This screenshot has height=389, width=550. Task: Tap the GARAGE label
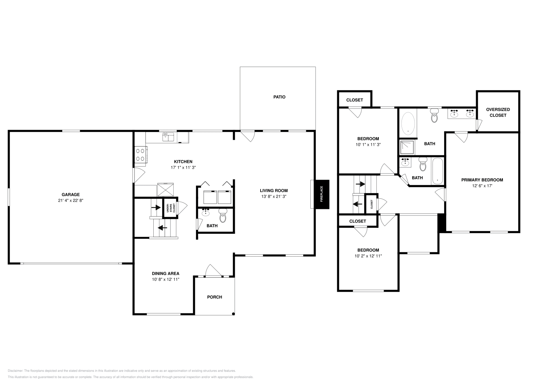[70, 194]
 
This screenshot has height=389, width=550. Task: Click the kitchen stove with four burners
[140, 154]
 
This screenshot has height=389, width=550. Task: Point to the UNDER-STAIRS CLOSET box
[170, 208]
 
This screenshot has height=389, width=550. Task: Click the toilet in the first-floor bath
[223, 216]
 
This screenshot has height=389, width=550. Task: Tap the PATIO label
[279, 97]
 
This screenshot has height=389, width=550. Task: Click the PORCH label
[214, 297]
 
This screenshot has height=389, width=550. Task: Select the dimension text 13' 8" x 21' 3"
[274, 197]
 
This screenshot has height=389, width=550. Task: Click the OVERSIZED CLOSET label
[498, 112]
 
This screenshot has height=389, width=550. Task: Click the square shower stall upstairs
[407, 147]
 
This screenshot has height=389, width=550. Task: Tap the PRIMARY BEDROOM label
[482, 180]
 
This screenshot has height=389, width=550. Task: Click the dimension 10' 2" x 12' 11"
[368, 256]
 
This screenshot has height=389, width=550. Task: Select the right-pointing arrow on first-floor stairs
[156, 207]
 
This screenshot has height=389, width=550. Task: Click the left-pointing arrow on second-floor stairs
[357, 203]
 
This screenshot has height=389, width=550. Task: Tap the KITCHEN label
[183, 162]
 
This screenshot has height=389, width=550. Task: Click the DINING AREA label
[165, 274]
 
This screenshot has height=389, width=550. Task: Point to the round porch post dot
[233, 314]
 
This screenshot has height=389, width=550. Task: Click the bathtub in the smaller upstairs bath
[437, 171]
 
